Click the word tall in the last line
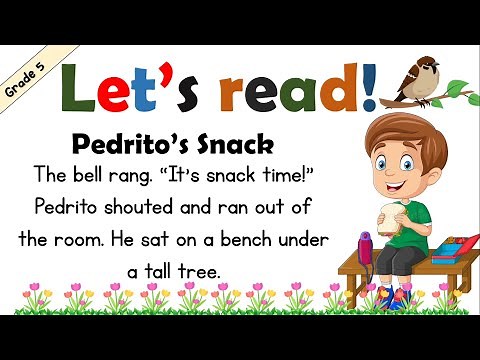[154, 272]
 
